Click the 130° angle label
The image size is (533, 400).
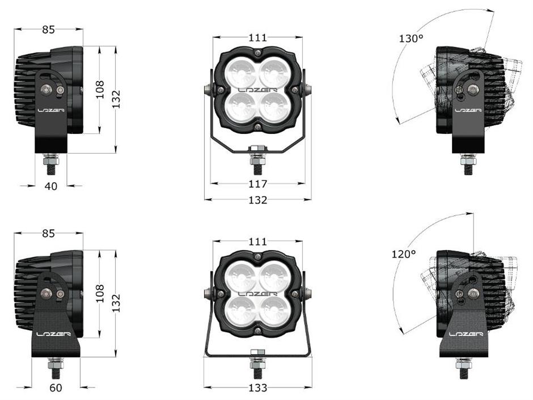point(411,39)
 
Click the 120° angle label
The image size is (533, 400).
point(404,254)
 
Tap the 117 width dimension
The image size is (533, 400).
point(257,184)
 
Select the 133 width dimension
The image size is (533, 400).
point(257,388)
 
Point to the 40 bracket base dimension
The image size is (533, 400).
point(51,186)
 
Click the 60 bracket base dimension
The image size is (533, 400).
point(56,388)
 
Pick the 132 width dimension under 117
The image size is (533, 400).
point(257,200)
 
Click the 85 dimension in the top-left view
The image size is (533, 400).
point(48,30)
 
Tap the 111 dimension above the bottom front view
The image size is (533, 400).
point(257,242)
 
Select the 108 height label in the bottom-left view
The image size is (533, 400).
point(100,294)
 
